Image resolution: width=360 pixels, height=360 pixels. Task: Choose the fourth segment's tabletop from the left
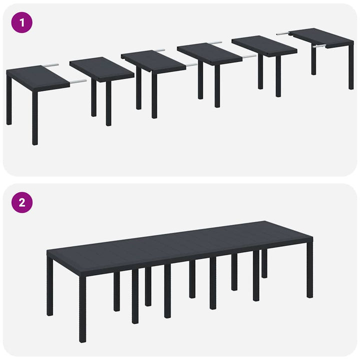click(x=209, y=53)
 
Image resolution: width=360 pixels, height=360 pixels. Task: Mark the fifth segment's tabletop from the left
click(x=264, y=45)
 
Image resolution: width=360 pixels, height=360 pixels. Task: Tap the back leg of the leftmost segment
click(x=9, y=100)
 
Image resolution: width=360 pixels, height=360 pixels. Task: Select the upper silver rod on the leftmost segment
click(x=50, y=65)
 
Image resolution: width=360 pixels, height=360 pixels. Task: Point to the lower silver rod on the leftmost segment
click(x=77, y=81)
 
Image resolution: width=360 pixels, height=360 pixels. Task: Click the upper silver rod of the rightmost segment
click(x=282, y=33)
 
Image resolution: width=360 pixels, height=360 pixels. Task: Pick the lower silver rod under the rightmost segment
click(x=318, y=46)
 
